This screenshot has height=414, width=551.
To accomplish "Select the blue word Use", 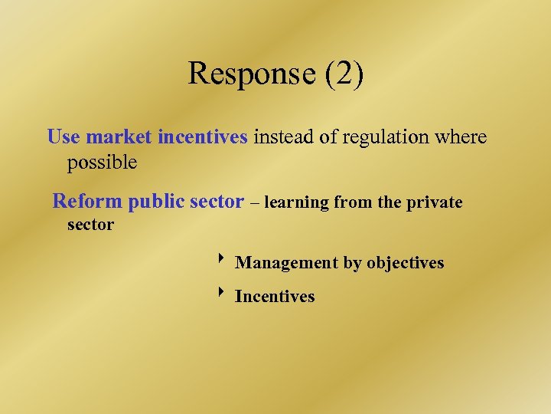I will (64, 137).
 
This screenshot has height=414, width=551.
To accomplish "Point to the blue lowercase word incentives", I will (202, 137).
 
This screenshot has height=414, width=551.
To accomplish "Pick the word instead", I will (282, 137).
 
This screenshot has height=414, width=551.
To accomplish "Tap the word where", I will (458, 137).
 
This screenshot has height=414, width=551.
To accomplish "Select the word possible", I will (102, 163).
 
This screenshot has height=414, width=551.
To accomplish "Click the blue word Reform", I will (87, 202).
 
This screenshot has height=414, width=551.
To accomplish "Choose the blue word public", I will (156, 202).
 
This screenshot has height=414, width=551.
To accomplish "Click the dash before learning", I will (255, 203).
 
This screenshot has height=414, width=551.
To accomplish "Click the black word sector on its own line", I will (90, 225).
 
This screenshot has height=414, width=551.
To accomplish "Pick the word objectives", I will (405, 263).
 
